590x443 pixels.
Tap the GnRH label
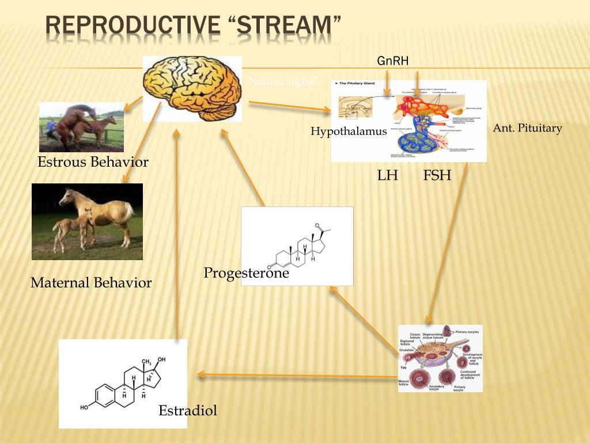tap(392, 61)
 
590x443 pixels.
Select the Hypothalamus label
tap(349, 132)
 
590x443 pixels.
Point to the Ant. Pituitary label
tap(527, 128)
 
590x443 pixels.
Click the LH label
tap(388, 175)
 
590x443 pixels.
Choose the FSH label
tap(437, 175)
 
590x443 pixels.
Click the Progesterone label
tap(246, 273)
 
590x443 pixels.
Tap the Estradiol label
tap(188, 411)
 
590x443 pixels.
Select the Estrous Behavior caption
tap(93, 162)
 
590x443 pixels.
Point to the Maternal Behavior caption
tap(91, 283)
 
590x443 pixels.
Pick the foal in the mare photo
tap(75, 227)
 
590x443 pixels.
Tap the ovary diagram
tap(440, 358)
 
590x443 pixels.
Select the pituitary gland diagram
tap(409, 121)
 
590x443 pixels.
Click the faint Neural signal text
tap(282, 81)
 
